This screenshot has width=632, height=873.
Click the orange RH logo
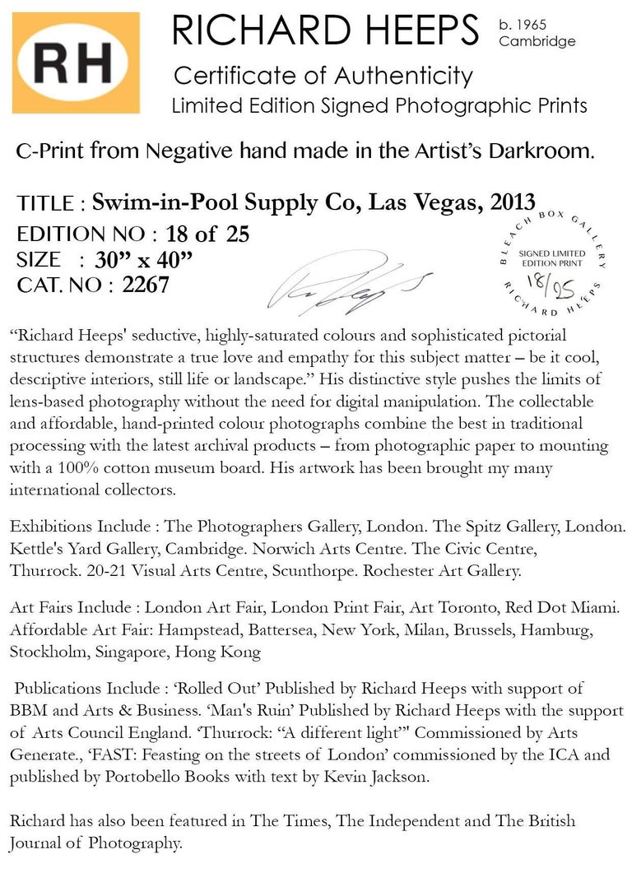[74, 63]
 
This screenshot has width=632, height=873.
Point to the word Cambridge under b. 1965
[537, 41]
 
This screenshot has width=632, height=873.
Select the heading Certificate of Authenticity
[323, 77]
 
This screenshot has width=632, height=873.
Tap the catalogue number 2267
[145, 286]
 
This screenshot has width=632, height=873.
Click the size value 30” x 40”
[143, 260]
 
